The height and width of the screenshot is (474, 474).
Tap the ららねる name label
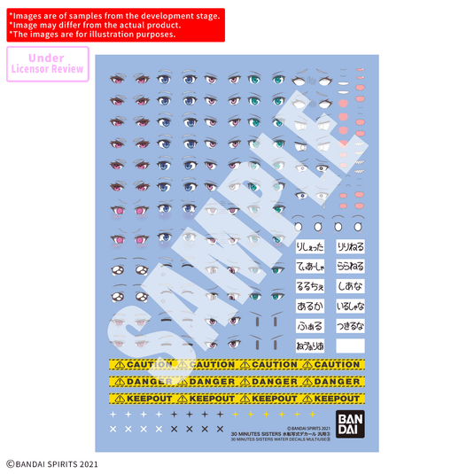pos(350,266)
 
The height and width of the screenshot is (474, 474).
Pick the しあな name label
pos(350,286)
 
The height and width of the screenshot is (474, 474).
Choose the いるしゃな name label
pos(350,306)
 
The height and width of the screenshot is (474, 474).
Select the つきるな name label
pos(350,325)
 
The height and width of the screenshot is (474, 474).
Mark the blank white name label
pos(350,346)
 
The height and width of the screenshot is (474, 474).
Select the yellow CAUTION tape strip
pos(235,364)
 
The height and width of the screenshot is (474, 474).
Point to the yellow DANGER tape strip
pos(235,382)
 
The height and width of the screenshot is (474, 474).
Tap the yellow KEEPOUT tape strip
pos(235,399)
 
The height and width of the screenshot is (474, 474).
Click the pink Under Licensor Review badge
pos(48,63)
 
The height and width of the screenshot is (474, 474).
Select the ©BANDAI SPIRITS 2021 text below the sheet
pos(52,462)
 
